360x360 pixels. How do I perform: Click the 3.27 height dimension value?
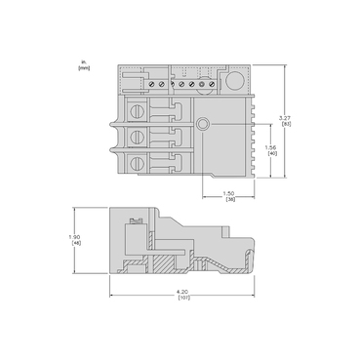(286, 119)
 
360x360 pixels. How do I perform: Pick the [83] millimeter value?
(286, 125)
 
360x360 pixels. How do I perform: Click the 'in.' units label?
(85, 62)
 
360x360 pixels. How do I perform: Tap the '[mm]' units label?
(85, 68)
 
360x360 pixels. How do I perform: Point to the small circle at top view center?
(203, 125)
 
